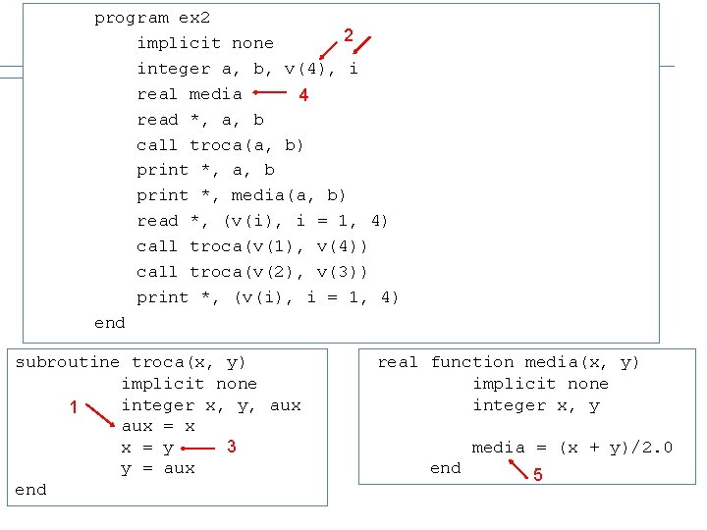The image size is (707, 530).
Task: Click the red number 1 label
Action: pos(74,407)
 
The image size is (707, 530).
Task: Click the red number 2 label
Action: pos(348,36)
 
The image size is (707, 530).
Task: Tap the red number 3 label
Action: pos(231,447)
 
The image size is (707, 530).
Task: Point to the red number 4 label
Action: pos(303,95)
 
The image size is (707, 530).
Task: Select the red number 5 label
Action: pos(536,477)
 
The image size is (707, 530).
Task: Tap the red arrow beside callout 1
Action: pos(99,416)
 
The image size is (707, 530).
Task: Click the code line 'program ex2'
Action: pos(152,18)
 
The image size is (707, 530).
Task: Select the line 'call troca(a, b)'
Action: pos(220,145)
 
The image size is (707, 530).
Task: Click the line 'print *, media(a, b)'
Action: pos(242,195)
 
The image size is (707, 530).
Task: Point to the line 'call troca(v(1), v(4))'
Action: pos(252,246)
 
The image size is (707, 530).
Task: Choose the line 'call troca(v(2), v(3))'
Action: pos(252,272)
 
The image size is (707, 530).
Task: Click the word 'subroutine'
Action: pos(68,362)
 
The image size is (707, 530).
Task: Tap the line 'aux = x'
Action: pos(158,427)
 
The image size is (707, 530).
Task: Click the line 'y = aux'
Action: pos(158,468)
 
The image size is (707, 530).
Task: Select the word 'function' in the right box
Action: pos(472,362)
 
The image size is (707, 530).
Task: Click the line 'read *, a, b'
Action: pos(200,120)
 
